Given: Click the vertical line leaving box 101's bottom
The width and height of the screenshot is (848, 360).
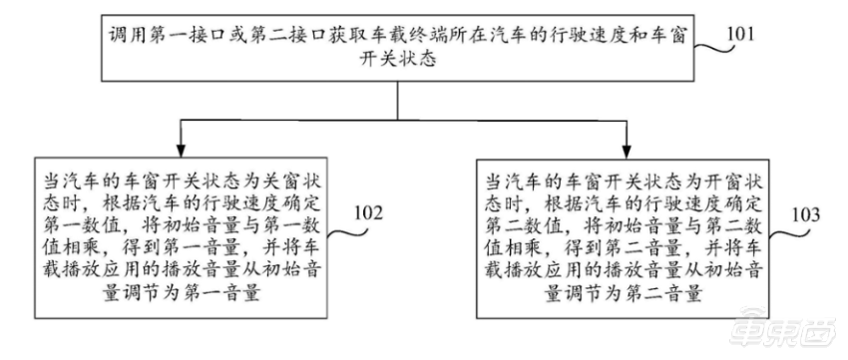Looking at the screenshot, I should (x=403, y=99).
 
